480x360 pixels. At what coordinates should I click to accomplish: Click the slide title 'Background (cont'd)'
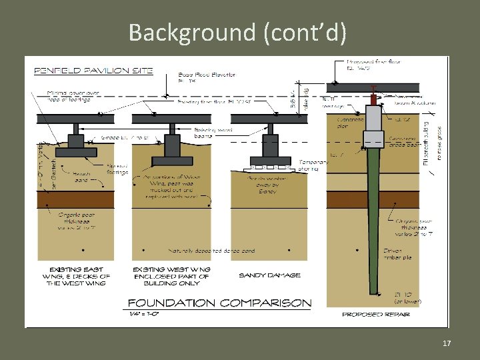[x=237, y=32]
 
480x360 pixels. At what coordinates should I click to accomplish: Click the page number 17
[x=446, y=343]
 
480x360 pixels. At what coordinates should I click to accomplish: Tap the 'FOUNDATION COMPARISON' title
[x=219, y=302]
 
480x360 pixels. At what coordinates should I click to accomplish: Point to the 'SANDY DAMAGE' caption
[x=269, y=275]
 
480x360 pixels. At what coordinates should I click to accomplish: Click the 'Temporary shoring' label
[x=310, y=165]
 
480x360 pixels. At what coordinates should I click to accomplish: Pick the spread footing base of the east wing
[x=75, y=152]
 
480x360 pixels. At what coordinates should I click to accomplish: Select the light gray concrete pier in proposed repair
[x=374, y=120]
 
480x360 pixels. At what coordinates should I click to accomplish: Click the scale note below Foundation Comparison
[x=143, y=313]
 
